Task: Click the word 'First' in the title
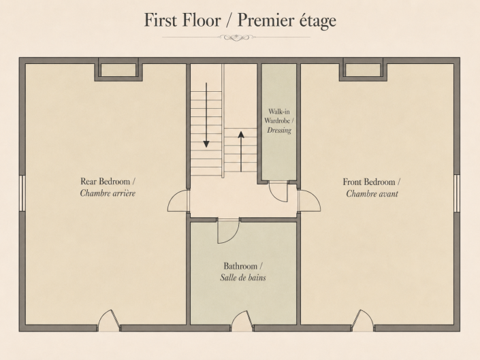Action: point(161,20)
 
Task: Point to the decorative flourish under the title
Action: point(236,37)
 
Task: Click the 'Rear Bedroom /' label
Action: point(108,182)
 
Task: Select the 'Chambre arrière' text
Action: point(108,193)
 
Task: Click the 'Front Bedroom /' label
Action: point(371,182)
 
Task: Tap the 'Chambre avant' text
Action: point(372,194)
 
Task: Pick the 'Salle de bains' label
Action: point(243,278)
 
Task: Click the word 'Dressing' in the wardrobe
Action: point(279,130)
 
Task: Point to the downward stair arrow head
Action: point(206,144)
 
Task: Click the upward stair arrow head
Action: point(241,135)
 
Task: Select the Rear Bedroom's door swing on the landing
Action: point(178,201)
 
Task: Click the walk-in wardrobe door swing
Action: point(278,192)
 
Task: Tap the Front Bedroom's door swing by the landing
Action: point(310,201)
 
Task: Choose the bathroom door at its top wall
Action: point(228,231)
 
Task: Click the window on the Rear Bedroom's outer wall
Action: point(22,193)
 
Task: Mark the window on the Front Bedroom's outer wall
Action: point(457,193)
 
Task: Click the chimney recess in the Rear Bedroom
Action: point(118,69)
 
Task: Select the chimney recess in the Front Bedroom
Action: point(363,69)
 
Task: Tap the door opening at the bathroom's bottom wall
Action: point(242,321)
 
